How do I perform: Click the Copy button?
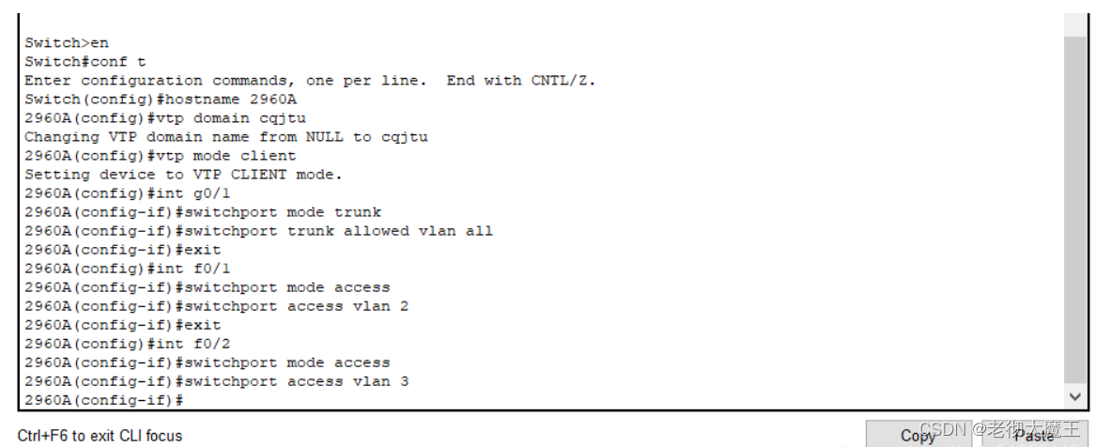pyautogui.click(x=918, y=435)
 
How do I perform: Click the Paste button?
pyautogui.click(x=1035, y=435)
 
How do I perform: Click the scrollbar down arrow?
pyautogui.click(x=1075, y=396)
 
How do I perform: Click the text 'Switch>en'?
pyautogui.click(x=67, y=42)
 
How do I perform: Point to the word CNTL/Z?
pyautogui.click(x=563, y=81)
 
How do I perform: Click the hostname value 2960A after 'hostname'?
pyautogui.click(x=273, y=100)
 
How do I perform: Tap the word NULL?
pyautogui.click(x=324, y=137)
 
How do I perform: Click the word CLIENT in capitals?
pyautogui.click(x=258, y=175)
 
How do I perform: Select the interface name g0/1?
pyautogui.click(x=211, y=193)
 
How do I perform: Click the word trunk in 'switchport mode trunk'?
pyautogui.click(x=358, y=212)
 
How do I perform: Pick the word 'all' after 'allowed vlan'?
pyautogui.click(x=479, y=231)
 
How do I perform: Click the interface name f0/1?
pyautogui.click(x=211, y=269)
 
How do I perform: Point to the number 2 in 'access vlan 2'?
pyautogui.click(x=404, y=307)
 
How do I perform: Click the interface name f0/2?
pyautogui.click(x=211, y=345)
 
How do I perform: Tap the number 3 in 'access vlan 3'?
pyautogui.click(x=404, y=382)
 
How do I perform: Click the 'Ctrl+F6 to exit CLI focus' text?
pyautogui.click(x=100, y=436)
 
